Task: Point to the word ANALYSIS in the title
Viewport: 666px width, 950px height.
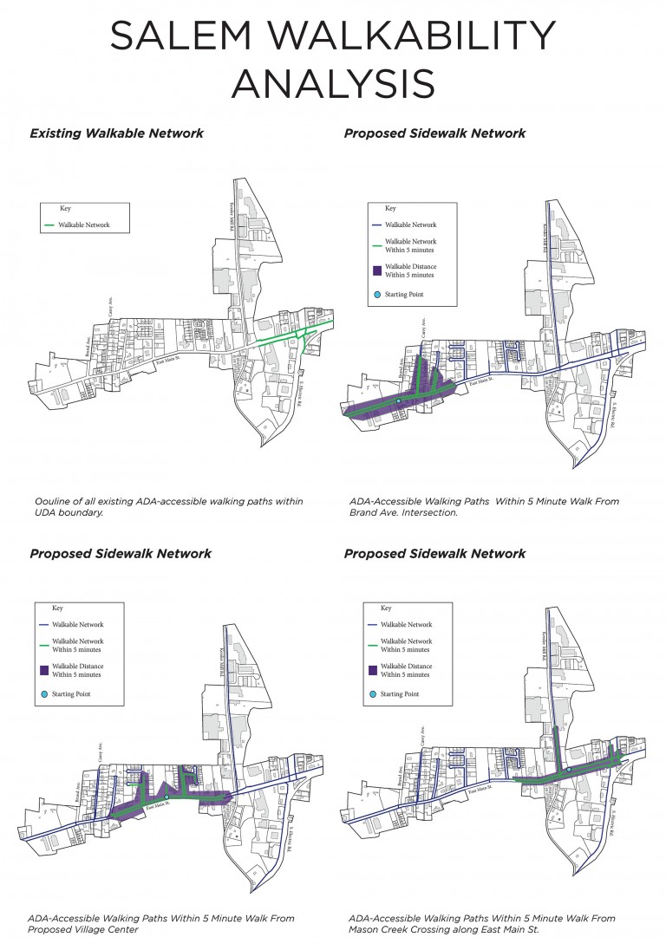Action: [x=332, y=82]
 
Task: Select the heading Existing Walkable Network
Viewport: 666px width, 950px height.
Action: [x=117, y=133]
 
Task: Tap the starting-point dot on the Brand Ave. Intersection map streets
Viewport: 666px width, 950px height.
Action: [x=398, y=401]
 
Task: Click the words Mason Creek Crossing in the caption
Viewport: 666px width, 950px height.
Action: [x=406, y=930]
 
